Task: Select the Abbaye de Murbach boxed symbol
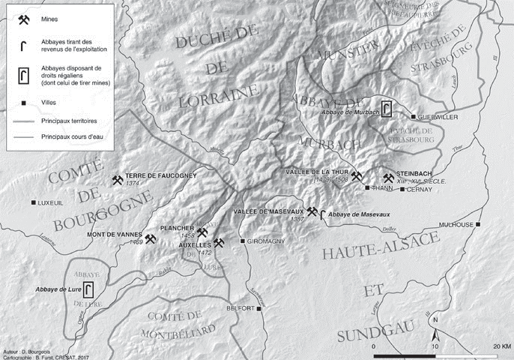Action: [x=387, y=109]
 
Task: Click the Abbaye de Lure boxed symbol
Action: [x=88, y=289]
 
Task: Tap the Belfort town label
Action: [x=241, y=308]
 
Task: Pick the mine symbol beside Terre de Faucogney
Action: [x=117, y=181]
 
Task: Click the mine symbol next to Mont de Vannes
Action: [x=151, y=239]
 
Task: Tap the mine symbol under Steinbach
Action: [x=388, y=178]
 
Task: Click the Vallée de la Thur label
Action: [x=318, y=172]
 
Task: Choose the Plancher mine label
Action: [x=177, y=227]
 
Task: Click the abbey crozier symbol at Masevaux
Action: [x=323, y=217]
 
